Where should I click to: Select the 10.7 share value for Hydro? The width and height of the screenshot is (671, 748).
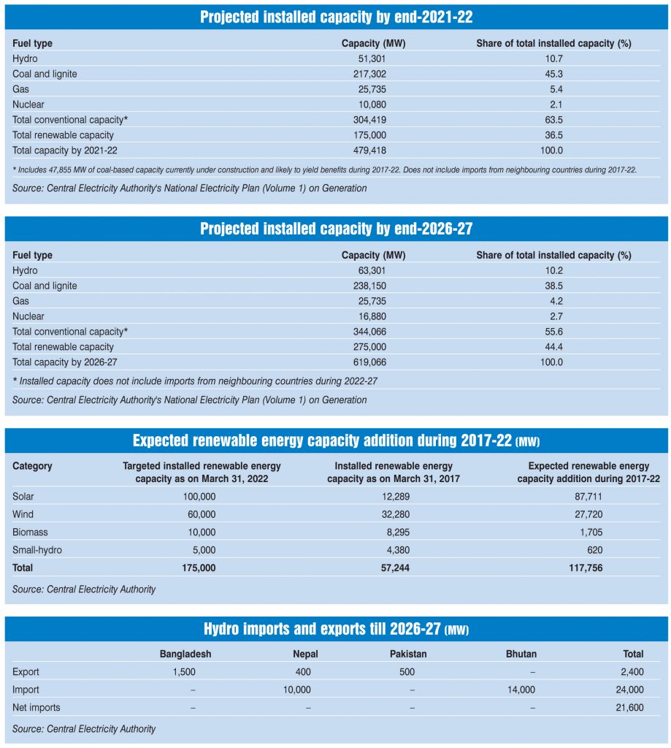pyautogui.click(x=553, y=58)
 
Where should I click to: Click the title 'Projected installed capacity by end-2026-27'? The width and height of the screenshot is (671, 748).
pyautogui.click(x=336, y=229)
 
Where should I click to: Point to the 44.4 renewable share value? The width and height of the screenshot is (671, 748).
pyautogui.click(x=553, y=347)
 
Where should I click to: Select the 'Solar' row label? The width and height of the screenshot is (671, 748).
pyautogui.click(x=23, y=497)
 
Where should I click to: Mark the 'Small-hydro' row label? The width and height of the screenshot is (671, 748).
pyautogui.click(x=37, y=549)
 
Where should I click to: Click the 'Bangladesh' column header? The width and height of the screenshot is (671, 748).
pyautogui.click(x=185, y=654)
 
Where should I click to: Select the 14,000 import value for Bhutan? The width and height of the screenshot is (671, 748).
pyautogui.click(x=521, y=690)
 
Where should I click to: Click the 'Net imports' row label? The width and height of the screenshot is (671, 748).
pyautogui.click(x=37, y=707)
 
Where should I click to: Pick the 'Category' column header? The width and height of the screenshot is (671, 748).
pyautogui.click(x=32, y=466)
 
